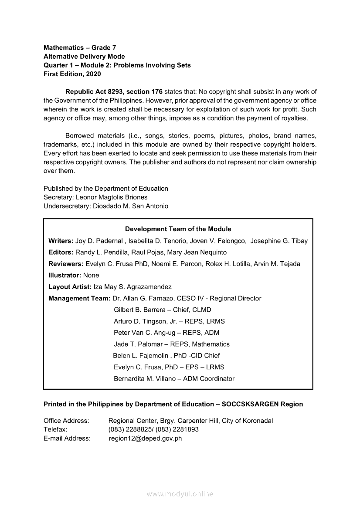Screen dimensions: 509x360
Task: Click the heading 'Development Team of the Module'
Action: [x=178, y=229]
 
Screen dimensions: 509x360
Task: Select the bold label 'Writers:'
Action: [x=61, y=241]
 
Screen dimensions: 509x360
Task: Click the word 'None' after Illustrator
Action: [x=91, y=275]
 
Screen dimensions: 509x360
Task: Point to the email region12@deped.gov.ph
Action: [x=145, y=438]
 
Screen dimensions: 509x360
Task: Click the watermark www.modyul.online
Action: [x=180, y=494]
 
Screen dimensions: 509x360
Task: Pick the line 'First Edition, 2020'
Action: [x=72, y=74]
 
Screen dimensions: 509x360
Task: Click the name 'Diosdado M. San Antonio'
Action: [x=131, y=206]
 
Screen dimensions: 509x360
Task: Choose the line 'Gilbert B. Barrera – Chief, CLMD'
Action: [x=162, y=310]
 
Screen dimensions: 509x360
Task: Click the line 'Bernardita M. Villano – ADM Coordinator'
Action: [x=174, y=379]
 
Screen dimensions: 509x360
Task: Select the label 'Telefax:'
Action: [x=55, y=429]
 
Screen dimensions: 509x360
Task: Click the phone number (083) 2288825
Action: [x=129, y=429]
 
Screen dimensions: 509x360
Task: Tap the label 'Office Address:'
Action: [x=66, y=421]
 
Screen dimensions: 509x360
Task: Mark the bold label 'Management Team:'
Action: [x=79, y=298]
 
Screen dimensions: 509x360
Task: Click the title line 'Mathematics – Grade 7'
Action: [x=80, y=47]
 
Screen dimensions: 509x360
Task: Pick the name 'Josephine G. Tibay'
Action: [x=279, y=241]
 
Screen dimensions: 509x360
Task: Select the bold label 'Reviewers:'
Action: [x=66, y=264]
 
